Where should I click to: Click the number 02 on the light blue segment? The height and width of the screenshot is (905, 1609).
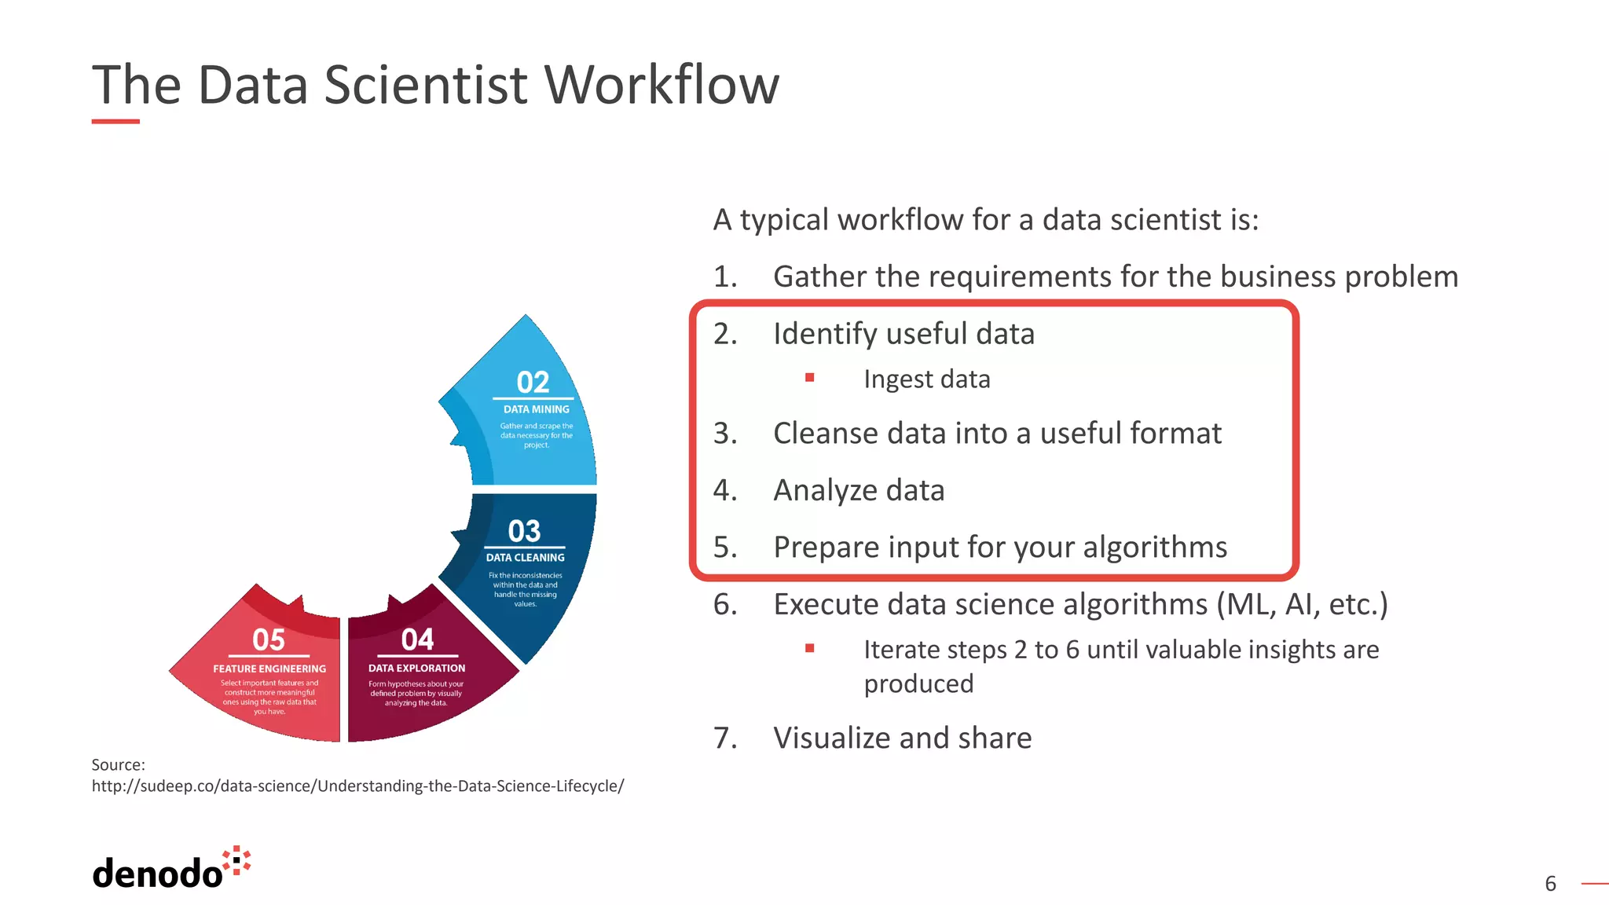(533, 383)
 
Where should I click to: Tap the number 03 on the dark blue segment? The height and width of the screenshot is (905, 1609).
(524, 531)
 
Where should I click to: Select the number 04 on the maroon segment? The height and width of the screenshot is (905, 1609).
(417, 639)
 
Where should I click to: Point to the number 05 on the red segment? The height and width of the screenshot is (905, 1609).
(269, 640)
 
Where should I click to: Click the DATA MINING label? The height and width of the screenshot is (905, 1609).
(537, 409)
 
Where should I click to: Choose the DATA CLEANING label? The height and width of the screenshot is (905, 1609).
(525, 558)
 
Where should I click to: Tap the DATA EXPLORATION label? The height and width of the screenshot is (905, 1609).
(416, 669)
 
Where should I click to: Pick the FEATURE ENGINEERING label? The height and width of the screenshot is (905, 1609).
(269, 669)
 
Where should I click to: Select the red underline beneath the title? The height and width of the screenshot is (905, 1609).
(115, 122)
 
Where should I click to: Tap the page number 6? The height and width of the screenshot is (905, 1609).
(1550, 884)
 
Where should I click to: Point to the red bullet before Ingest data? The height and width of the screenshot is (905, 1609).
(809, 378)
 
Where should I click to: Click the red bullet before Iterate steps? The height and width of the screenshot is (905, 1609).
(809, 648)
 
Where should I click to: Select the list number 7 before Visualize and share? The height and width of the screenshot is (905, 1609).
(724, 738)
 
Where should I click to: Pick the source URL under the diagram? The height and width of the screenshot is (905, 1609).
(357, 786)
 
